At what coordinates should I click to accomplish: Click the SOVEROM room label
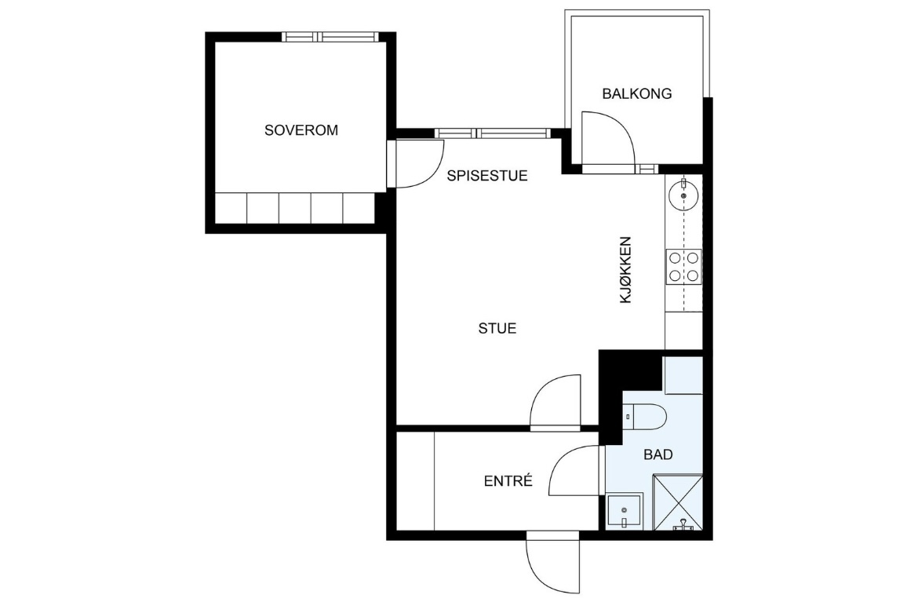point(301,130)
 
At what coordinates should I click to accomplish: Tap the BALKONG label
point(637,93)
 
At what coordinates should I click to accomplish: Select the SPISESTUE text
point(487,176)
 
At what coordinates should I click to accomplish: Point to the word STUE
point(497,329)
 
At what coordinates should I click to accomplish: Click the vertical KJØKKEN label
point(626,269)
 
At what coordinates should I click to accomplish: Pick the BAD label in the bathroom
point(658,454)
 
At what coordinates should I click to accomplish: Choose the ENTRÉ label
point(508,481)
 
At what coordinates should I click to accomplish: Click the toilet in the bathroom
point(644,416)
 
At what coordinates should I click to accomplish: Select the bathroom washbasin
point(625,511)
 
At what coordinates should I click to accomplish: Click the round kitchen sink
point(683,193)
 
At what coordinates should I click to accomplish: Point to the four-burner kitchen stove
point(684,266)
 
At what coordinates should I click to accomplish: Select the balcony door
point(608,140)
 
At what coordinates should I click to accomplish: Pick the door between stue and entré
point(556,403)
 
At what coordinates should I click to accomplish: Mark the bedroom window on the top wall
point(330,37)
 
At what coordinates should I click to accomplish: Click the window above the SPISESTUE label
point(493,133)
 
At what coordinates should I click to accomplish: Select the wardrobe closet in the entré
point(416,481)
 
